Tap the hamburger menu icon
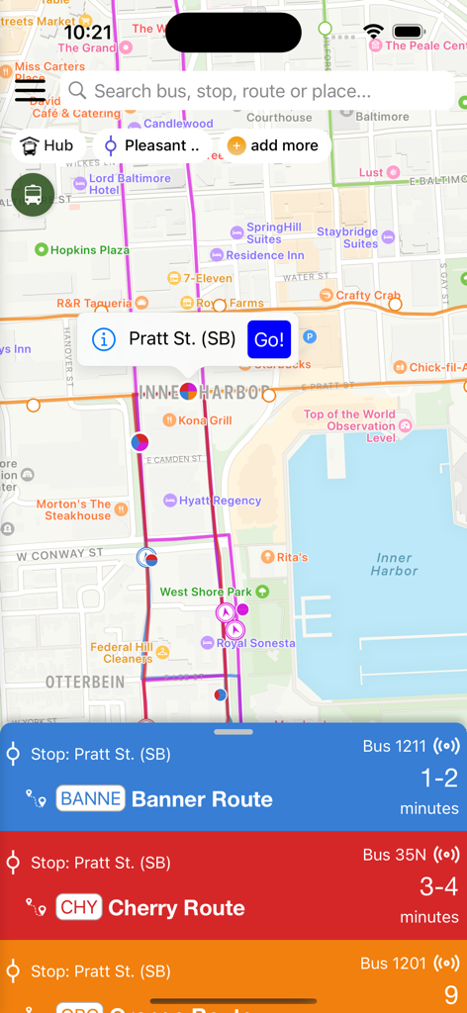pyautogui.click(x=30, y=90)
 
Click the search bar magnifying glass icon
pyautogui.click(x=77, y=91)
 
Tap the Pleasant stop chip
pyautogui.click(x=152, y=145)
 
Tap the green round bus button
pyautogui.click(x=33, y=194)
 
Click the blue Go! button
pyautogui.click(x=269, y=339)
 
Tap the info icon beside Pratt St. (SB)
pyautogui.click(x=103, y=339)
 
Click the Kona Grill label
pyautogui.click(x=205, y=420)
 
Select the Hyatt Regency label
pyautogui.click(x=220, y=501)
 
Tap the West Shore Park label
pyautogui.click(x=206, y=592)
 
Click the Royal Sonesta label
pyautogui.click(x=255, y=643)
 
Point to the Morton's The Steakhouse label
pyautogui.click(x=74, y=509)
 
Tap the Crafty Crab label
pyautogui.click(x=367, y=295)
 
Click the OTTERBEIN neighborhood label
pyautogui.click(x=85, y=683)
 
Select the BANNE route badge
pyautogui.click(x=91, y=798)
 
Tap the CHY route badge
pyautogui.click(x=79, y=907)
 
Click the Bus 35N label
pyautogui.click(x=394, y=855)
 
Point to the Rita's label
pyautogui.click(x=291, y=558)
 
